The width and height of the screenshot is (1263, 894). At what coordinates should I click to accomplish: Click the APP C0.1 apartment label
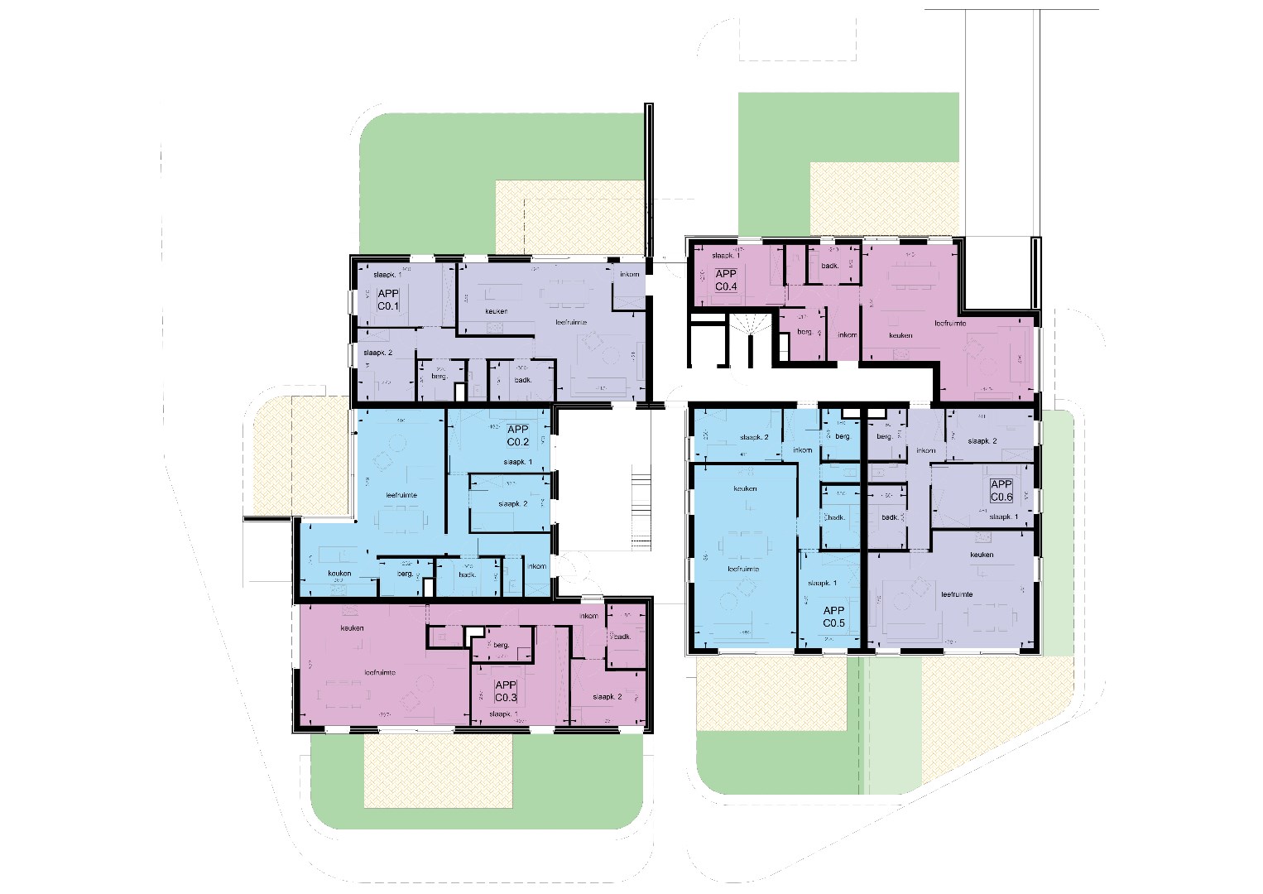(x=388, y=300)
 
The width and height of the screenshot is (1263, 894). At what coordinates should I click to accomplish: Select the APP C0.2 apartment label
(x=518, y=435)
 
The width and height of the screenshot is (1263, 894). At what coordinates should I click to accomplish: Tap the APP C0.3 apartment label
(x=505, y=691)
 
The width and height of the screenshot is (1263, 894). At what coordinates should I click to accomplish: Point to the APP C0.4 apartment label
(x=726, y=280)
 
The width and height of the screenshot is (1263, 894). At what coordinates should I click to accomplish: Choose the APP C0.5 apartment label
(x=833, y=616)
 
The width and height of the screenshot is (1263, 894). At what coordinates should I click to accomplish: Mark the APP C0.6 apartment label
(x=1001, y=491)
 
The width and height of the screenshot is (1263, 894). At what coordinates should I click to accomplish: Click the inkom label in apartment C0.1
(x=629, y=274)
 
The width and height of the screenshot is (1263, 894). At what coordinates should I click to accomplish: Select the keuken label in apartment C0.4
(x=900, y=335)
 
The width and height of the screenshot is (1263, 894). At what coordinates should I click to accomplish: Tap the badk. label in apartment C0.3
(x=622, y=637)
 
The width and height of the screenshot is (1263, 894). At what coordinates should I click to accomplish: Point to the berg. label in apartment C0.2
(x=406, y=574)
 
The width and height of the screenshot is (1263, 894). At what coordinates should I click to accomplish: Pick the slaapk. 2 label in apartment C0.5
(x=754, y=437)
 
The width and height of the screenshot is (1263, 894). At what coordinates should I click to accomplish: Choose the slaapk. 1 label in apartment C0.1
(x=387, y=274)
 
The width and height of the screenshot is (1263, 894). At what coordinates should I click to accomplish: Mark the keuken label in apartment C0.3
(x=352, y=628)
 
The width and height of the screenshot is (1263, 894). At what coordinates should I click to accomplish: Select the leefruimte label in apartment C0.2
(x=401, y=495)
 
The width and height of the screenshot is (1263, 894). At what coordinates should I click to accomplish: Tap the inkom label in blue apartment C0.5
(x=802, y=450)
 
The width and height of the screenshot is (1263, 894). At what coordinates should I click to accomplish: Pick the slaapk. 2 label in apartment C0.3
(x=607, y=697)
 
